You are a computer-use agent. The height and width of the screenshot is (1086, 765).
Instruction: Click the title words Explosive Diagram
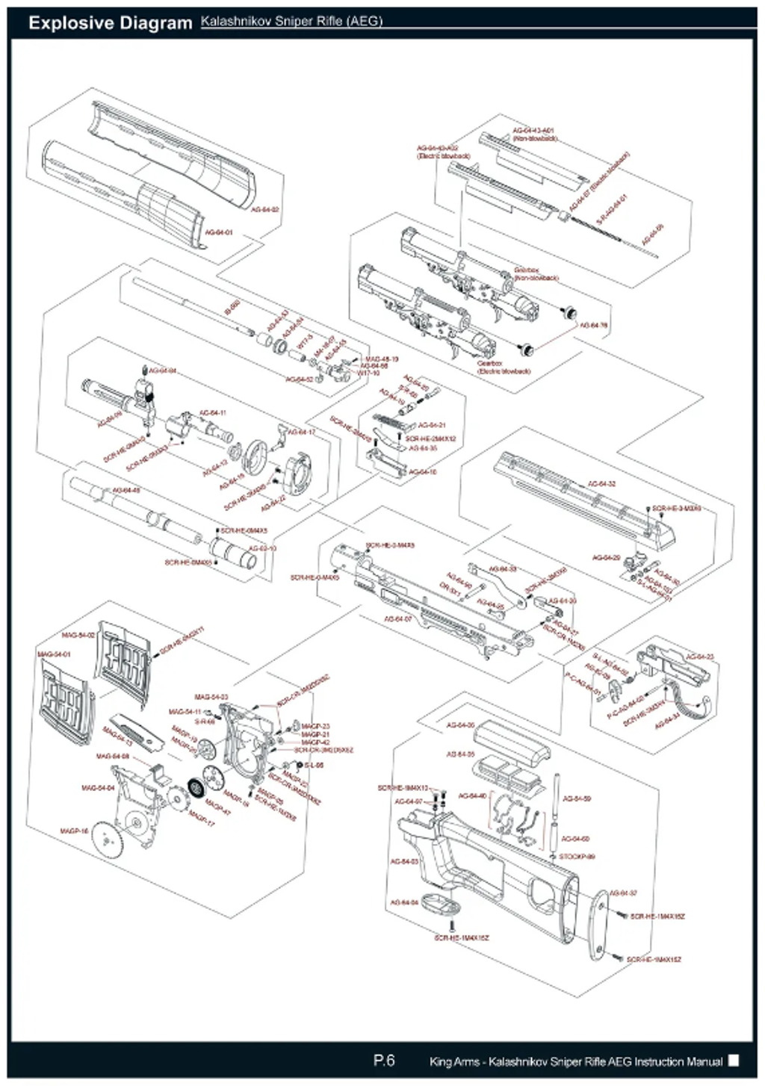coord(110,23)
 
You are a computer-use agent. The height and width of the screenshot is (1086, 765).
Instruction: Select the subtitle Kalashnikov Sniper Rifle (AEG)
coord(291,21)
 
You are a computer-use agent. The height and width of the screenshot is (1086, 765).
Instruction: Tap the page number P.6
coord(384,1060)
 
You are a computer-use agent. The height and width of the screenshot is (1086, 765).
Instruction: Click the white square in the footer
coord(734,1060)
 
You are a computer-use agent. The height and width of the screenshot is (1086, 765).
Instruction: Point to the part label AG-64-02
coord(264,210)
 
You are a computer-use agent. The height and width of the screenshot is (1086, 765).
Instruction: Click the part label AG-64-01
coord(219,232)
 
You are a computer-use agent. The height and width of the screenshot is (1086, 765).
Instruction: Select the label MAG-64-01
coord(54,654)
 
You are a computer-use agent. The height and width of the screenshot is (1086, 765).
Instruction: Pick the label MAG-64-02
coord(78,635)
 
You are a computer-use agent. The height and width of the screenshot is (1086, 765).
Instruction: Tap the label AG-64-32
coord(601,484)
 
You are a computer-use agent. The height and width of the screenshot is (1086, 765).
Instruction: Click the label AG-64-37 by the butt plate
coord(623,893)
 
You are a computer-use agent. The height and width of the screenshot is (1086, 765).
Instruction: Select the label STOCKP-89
coord(577,857)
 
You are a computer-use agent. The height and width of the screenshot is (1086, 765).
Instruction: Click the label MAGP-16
coord(75,831)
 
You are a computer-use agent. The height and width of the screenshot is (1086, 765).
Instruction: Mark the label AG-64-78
coord(594,326)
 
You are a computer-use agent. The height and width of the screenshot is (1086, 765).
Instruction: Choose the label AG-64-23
coord(700,657)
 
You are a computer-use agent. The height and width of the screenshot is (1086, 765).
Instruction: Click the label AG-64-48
coord(126,490)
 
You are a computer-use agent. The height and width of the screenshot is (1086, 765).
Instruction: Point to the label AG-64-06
coord(460,725)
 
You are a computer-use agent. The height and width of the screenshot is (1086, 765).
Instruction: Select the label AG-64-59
coord(577,798)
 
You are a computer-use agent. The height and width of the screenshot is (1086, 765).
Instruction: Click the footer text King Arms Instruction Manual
coord(575,1061)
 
